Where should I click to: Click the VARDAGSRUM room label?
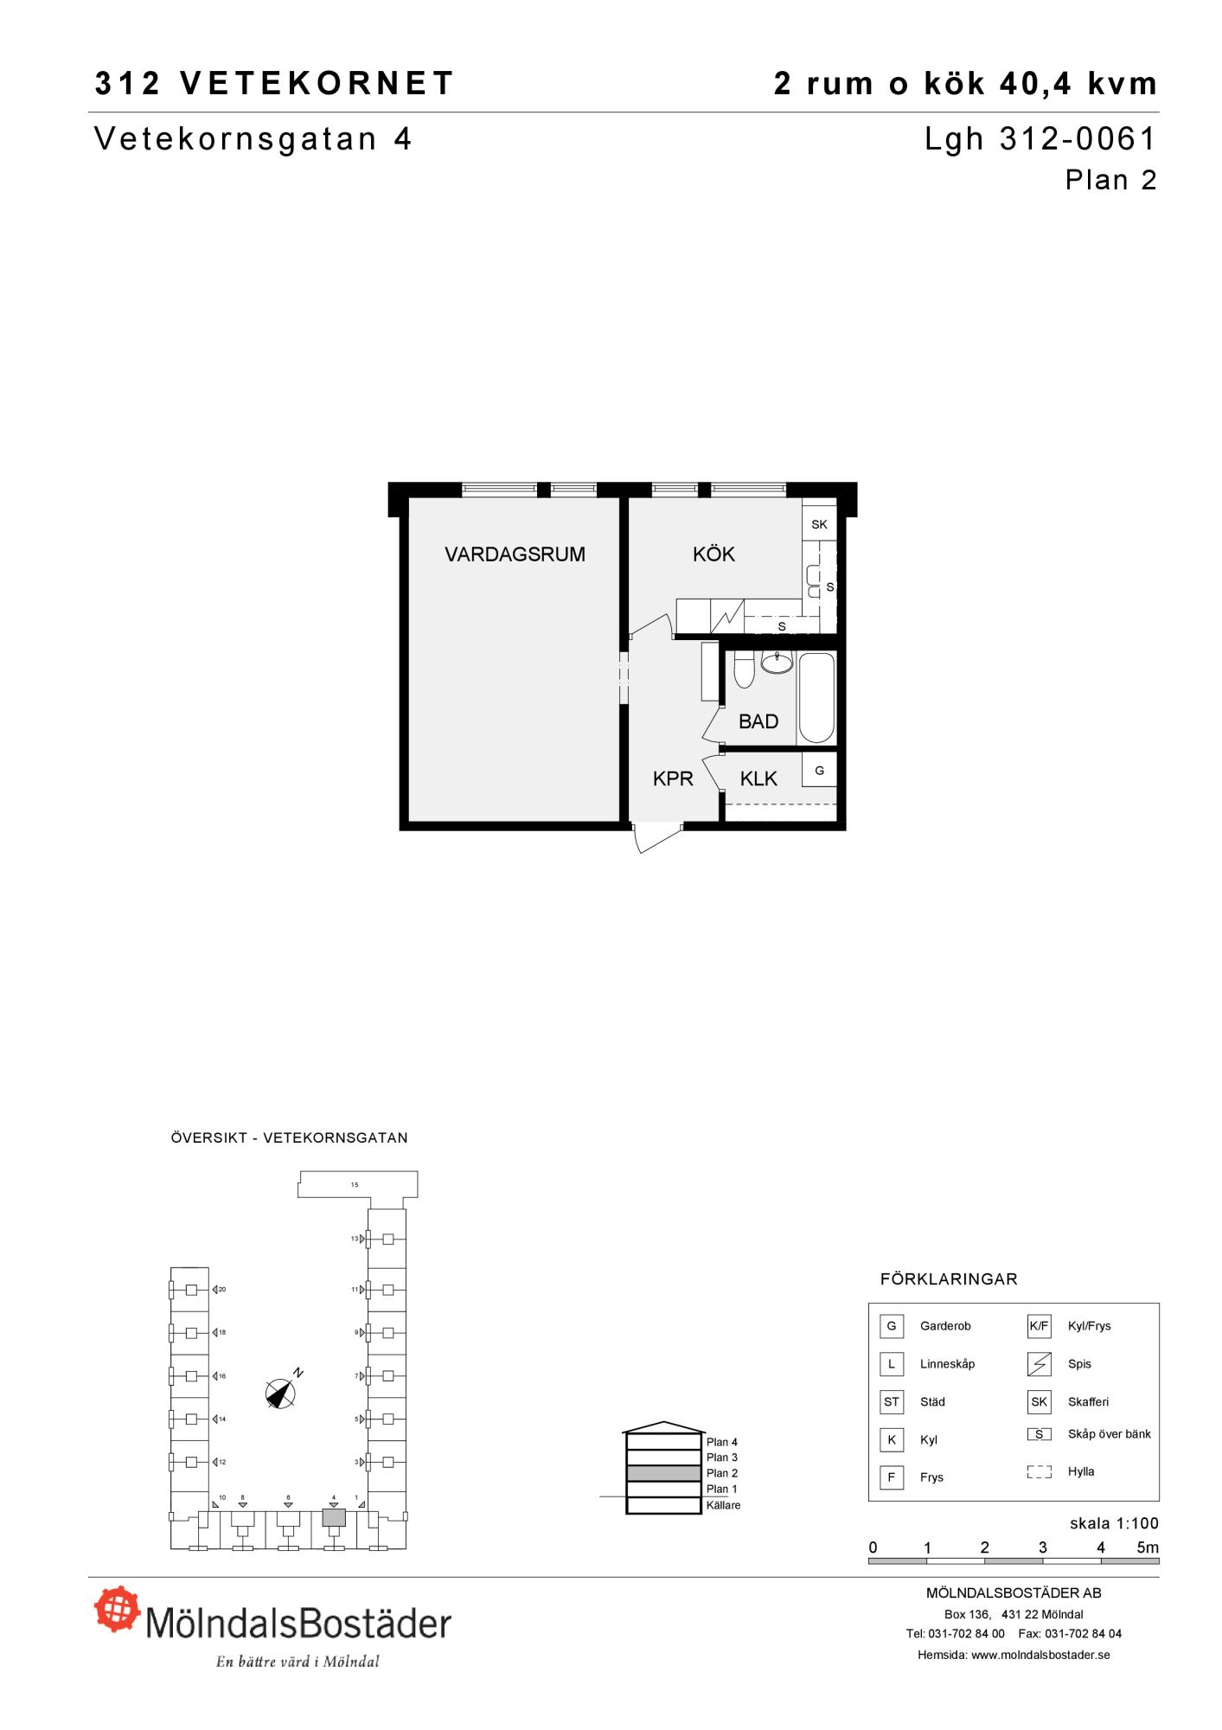(x=515, y=554)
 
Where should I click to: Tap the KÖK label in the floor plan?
(x=713, y=554)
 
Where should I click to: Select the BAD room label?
(x=758, y=721)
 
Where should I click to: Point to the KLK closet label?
(x=758, y=778)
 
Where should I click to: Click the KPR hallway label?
(x=673, y=778)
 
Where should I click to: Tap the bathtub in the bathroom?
(x=816, y=697)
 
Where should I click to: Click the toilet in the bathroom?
(x=744, y=670)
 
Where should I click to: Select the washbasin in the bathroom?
(x=777, y=663)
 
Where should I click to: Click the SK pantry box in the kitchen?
(x=819, y=524)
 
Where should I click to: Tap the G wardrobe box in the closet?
(x=819, y=770)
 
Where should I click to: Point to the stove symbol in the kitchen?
(x=727, y=615)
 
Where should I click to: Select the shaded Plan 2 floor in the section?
(x=663, y=1473)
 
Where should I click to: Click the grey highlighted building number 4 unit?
(x=334, y=1517)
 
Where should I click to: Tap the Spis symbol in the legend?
(x=1039, y=1364)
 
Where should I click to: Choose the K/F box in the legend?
(x=1039, y=1326)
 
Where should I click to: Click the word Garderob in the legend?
(x=945, y=1326)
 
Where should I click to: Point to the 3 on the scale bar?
(x=1043, y=1547)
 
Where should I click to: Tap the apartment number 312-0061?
(x=1078, y=139)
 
